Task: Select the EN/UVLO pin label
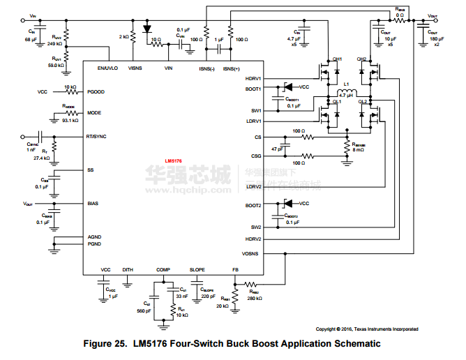point(107,68)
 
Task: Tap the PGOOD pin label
point(96,91)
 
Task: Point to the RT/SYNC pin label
point(96,137)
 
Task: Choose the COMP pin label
point(163,269)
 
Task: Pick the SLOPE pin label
point(197,269)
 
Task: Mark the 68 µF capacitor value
point(31,40)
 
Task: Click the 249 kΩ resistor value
point(54,43)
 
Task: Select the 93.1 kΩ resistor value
point(70,121)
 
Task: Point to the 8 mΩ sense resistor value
point(358,149)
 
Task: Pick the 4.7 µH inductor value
point(346,95)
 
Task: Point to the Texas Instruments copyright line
point(367,329)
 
